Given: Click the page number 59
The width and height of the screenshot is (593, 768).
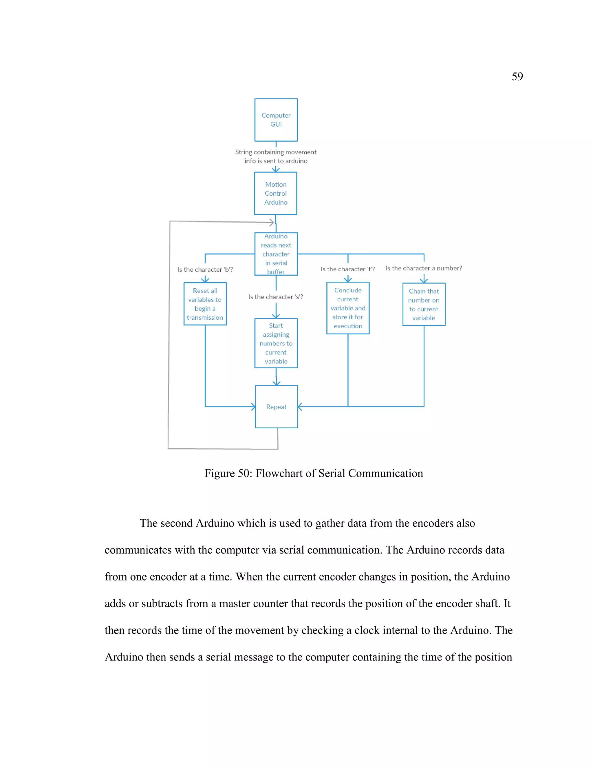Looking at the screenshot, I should pos(517,76).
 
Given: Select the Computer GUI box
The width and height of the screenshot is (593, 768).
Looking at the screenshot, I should pos(276,120).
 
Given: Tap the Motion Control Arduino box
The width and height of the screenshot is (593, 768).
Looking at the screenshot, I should pos(275,193).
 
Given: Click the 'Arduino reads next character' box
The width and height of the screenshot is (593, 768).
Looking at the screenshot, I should pos(276,254).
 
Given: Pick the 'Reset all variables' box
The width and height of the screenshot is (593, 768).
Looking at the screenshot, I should pos(205,304).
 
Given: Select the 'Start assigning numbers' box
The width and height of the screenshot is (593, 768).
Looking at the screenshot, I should pos(276,343).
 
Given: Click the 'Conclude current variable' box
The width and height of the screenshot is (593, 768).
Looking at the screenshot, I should pos(348,308).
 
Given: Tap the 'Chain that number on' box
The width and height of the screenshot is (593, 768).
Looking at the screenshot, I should pos(424,304).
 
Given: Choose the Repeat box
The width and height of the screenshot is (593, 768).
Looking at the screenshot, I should pos(276,407).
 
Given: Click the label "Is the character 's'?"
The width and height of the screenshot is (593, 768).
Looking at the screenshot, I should pos(275,297).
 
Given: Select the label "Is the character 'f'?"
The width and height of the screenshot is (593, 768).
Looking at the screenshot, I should pos(347,269).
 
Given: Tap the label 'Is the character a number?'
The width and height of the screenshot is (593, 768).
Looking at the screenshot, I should pos(423,268).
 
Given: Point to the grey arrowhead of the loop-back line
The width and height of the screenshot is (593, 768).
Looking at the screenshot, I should pos(272,222).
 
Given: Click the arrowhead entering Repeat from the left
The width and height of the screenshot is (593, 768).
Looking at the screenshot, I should pos(253,407).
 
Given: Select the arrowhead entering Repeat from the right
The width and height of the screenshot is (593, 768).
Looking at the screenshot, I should pos(300,407).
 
